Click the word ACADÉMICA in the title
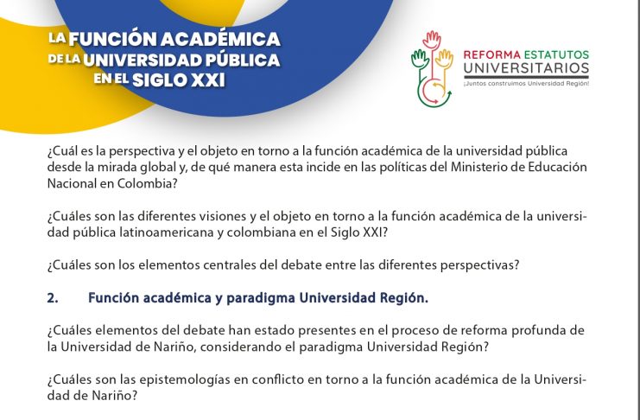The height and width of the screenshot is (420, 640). tap(220, 39)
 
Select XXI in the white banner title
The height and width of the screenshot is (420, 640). tap(208, 80)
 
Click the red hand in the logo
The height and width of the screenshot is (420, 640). tap(432, 40)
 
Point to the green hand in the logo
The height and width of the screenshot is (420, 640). tap(420, 60)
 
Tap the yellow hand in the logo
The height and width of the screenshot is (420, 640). tap(445, 60)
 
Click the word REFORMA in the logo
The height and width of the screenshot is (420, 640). tap(491, 54)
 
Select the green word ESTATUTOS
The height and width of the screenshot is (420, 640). tap(556, 54)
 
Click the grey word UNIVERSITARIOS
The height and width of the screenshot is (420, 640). tap(526, 67)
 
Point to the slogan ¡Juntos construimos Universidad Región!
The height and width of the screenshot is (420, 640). tap(526, 83)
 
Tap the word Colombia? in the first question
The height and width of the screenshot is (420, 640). tap(148, 183)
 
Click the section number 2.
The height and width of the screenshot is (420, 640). tap(53, 298)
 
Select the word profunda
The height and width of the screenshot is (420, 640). tap(537, 330)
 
